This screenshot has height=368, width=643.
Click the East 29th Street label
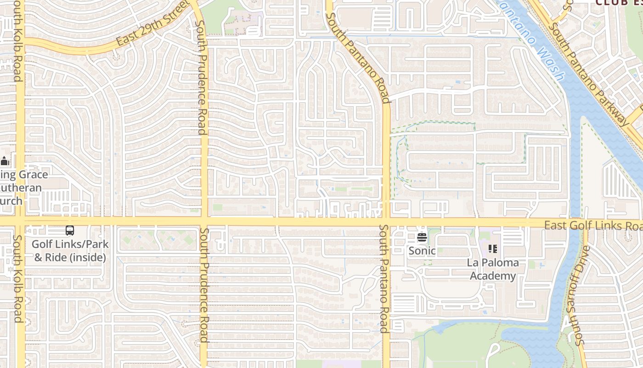(153, 23)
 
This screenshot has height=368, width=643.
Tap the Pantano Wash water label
(533, 39)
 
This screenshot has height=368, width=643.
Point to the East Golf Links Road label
(592, 226)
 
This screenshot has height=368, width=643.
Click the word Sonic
(422, 251)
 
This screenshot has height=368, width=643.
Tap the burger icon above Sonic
(422, 238)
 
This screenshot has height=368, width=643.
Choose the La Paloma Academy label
(493, 269)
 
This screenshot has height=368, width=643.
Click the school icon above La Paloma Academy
(493, 249)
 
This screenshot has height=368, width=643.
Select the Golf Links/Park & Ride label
(70, 250)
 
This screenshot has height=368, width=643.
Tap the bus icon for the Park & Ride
(70, 230)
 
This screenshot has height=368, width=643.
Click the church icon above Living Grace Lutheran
(5, 161)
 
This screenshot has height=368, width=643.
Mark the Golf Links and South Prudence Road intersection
(204, 222)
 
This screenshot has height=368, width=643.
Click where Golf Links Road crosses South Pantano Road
(386, 222)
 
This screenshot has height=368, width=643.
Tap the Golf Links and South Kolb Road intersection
(20, 222)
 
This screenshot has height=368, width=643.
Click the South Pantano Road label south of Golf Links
(383, 278)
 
